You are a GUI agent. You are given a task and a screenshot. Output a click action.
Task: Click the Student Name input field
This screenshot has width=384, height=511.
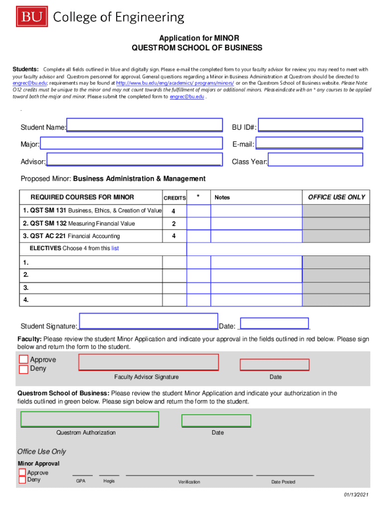(145, 125)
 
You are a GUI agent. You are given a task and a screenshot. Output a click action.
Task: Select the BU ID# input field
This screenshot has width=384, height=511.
(310, 125)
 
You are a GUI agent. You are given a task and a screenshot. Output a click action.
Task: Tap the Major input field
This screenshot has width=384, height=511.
(131, 143)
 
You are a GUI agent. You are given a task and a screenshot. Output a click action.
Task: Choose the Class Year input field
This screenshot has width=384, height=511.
(315, 160)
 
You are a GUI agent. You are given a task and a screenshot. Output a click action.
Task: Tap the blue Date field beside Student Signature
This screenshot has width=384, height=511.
(274, 323)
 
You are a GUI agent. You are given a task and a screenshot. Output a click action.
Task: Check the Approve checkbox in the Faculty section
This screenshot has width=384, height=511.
(23, 360)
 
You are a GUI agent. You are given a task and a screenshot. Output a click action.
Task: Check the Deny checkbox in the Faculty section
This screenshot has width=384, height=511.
(23, 369)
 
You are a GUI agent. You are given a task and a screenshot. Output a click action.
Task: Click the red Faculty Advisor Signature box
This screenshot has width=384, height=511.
(149, 362)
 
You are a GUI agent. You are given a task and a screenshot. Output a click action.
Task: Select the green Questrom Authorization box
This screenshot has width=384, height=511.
(90, 419)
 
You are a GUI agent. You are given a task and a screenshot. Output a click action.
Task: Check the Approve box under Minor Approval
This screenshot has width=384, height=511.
(22, 472)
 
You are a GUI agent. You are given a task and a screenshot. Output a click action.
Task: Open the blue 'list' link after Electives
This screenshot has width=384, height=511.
(115, 248)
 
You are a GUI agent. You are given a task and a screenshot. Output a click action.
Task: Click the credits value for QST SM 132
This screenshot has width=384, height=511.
(174, 224)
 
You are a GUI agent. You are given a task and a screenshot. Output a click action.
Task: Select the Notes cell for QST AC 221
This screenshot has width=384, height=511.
(256, 236)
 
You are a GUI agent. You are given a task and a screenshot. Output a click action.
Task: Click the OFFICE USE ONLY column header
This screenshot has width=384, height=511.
(336, 197)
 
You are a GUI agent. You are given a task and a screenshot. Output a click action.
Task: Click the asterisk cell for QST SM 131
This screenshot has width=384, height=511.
(198, 211)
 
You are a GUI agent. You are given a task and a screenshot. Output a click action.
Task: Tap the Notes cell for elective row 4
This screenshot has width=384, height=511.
(256, 300)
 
